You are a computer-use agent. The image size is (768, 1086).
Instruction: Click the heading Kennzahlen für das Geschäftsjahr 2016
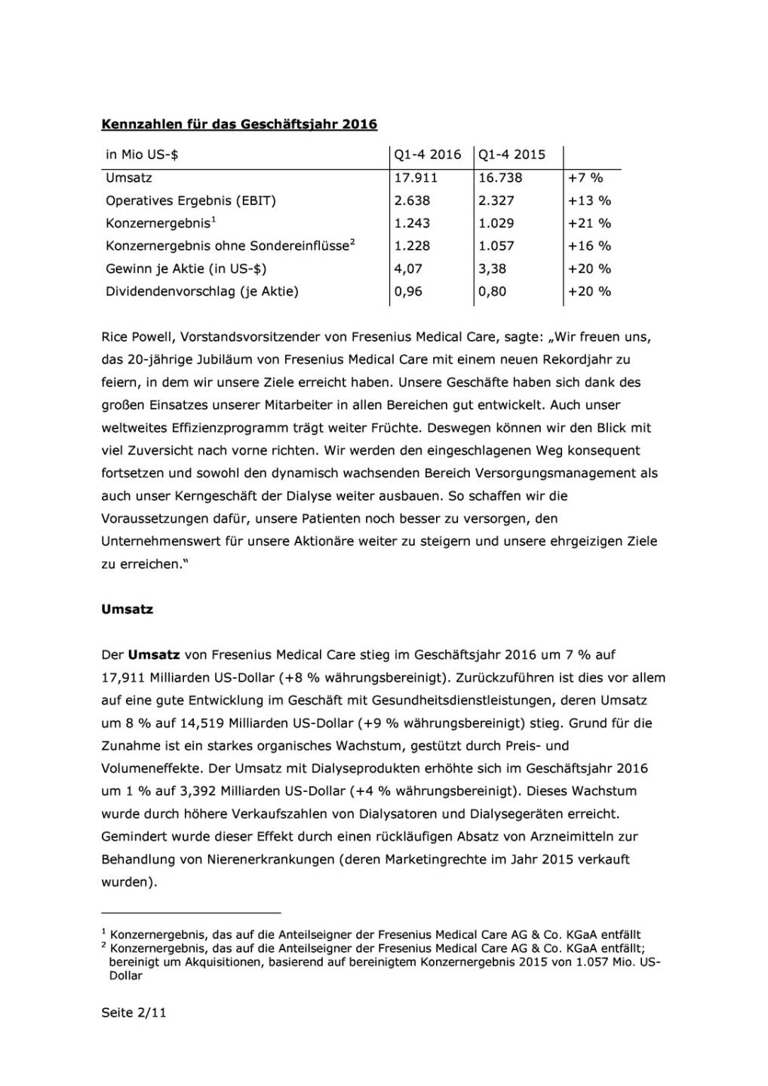point(239,124)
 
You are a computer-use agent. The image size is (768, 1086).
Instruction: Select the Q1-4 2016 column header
point(427,155)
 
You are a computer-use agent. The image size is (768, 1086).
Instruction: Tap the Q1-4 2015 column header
point(511,155)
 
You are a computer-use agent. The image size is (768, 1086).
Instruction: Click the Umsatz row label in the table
point(129,178)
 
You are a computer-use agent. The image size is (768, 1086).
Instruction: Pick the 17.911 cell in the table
point(416,178)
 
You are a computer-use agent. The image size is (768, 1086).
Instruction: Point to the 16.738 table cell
point(500,178)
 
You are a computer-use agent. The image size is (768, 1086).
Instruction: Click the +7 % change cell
point(585,178)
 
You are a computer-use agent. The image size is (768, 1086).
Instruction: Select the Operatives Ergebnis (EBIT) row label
point(191,201)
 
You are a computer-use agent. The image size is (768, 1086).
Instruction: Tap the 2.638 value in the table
point(412,201)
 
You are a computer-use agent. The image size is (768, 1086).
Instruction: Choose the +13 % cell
point(589,201)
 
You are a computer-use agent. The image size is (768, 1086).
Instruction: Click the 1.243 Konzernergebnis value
point(412,223)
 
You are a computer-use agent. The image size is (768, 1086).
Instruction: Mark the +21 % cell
point(589,223)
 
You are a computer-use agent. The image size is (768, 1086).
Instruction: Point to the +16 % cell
point(589,246)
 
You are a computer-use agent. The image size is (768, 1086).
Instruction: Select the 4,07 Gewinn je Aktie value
point(408,268)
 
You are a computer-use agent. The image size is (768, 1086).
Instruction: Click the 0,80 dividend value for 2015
point(493,291)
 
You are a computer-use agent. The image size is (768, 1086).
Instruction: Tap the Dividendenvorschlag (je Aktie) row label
point(202,291)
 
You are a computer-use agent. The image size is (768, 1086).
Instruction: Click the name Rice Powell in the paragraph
point(135,337)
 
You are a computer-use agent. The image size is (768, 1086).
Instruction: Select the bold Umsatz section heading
point(127,609)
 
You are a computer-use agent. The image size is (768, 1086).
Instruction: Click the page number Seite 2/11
point(134,1013)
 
